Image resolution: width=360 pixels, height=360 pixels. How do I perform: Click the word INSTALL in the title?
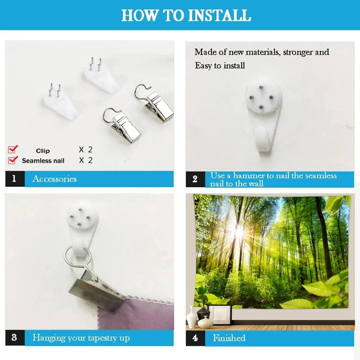[220, 15]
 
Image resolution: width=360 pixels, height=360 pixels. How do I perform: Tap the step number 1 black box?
[15, 179]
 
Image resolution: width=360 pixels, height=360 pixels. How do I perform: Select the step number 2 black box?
[195, 179]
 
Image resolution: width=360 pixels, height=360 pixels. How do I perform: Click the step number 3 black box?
[15, 338]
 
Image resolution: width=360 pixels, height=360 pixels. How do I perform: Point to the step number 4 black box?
[195, 338]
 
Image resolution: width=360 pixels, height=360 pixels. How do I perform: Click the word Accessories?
[54, 179]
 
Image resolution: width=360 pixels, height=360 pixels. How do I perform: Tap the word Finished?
[229, 338]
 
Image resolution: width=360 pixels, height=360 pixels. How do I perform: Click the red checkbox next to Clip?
[13, 149]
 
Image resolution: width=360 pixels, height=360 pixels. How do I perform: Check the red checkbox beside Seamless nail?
[13, 160]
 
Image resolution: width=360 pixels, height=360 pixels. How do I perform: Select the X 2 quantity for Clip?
[85, 150]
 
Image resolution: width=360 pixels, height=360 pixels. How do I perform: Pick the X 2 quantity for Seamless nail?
[85, 160]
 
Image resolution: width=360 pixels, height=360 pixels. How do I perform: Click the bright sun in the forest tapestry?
[239, 231]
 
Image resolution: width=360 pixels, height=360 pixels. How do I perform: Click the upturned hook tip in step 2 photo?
[262, 135]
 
